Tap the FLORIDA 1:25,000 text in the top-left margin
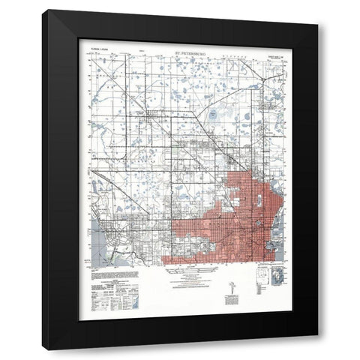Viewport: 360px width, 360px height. click(101, 55)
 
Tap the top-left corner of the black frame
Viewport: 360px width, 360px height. click(43, 11)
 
